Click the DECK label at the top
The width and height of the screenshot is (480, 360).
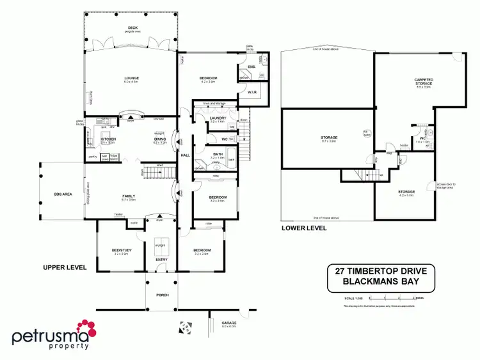[x=133, y=27]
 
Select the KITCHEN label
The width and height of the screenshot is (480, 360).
[x=108, y=139]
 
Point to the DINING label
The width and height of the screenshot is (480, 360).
[x=159, y=139]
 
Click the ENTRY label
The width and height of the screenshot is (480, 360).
[x=160, y=260]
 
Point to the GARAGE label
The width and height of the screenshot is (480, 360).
[x=229, y=323]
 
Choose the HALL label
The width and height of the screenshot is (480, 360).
[x=186, y=154]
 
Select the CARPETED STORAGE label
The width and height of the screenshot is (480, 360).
[x=424, y=82]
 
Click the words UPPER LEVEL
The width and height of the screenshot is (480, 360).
[x=64, y=267]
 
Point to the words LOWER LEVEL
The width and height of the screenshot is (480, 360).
[x=305, y=227]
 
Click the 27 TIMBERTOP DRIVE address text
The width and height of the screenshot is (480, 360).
[x=381, y=270]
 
